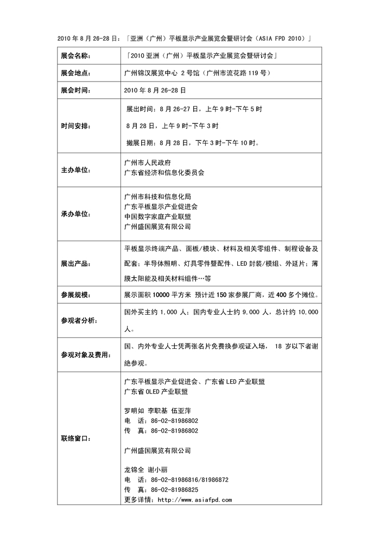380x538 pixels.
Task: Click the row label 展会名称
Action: tap(76, 56)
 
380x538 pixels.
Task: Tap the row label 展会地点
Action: tap(76, 73)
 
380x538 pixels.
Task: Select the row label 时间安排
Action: tap(76, 126)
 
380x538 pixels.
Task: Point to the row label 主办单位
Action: tap(76, 170)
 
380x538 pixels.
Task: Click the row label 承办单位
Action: tap(76, 212)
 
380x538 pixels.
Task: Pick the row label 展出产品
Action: tap(76, 264)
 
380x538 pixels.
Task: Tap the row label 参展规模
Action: tap(76, 295)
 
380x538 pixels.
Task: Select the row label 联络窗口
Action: tap(76, 438)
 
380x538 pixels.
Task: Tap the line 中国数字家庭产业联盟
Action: tap(157, 216)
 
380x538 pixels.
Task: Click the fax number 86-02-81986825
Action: tap(174, 489)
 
